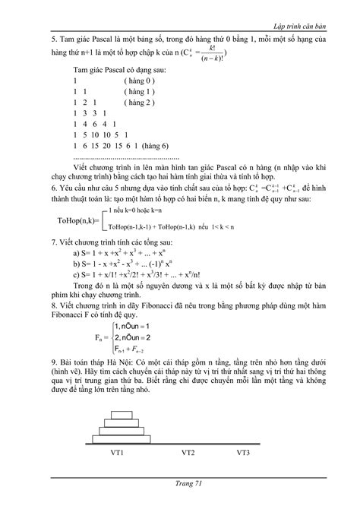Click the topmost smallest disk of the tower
pos(122,415)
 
